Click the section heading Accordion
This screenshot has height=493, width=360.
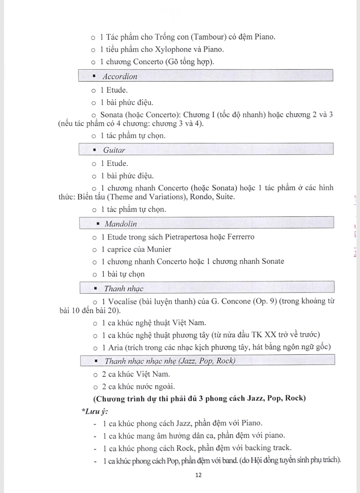point(120,77)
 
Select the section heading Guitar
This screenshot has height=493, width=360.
point(114,150)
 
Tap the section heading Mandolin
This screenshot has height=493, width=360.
point(121,223)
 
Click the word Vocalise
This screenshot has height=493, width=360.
point(123,301)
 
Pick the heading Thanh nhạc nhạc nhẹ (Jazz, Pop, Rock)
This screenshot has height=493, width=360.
point(170,361)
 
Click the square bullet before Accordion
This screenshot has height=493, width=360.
point(95,76)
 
